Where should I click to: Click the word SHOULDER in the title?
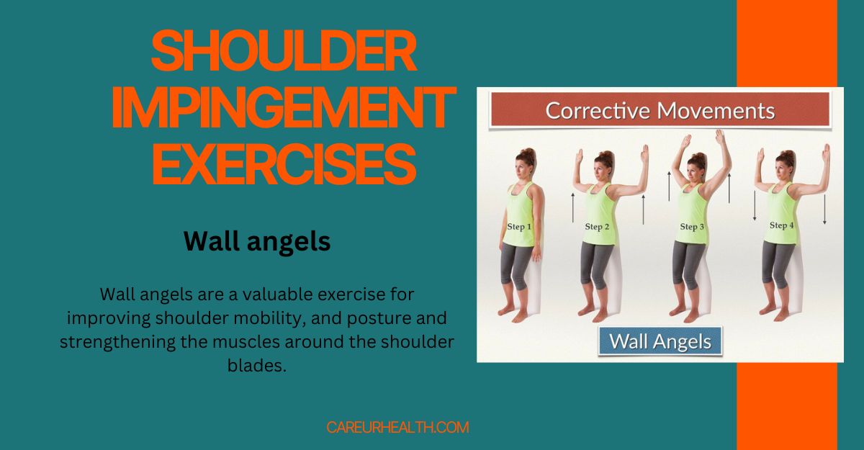coord(283,52)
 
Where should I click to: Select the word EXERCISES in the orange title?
coord(283,165)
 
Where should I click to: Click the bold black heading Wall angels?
coord(257,242)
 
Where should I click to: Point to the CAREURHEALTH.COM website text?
coord(397,427)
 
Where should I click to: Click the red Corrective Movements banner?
coord(660,112)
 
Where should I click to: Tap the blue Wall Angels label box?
coord(660,341)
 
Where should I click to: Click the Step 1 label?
coord(519,227)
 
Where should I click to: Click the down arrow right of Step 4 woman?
coord(824,209)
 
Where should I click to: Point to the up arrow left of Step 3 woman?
coord(668,184)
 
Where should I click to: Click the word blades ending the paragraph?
coord(256,366)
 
